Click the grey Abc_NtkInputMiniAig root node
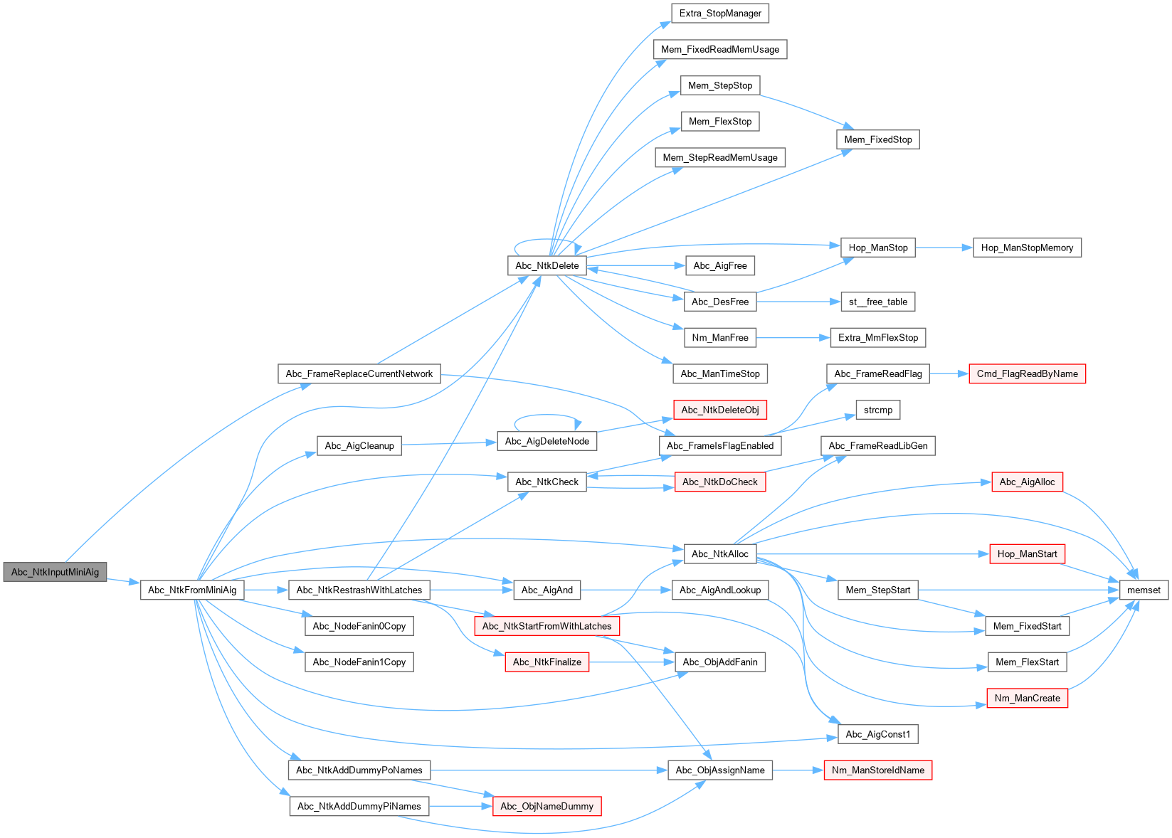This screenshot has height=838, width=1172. click(55, 572)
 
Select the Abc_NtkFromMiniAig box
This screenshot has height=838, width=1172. click(192, 590)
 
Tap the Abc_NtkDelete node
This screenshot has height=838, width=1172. click(547, 265)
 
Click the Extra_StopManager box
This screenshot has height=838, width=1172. click(720, 13)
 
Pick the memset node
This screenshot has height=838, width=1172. click(1144, 590)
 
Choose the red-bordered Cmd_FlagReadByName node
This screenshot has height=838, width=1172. click(1027, 373)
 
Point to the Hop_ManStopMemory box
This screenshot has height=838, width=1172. click(1027, 248)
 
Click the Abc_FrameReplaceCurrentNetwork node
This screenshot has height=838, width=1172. click(359, 373)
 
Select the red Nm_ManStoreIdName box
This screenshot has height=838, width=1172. click(877, 770)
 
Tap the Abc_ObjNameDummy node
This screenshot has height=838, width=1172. click(547, 806)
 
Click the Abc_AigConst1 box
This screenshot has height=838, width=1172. click(877, 734)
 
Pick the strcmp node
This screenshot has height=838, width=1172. click(877, 410)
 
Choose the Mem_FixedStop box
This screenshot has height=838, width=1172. click(877, 139)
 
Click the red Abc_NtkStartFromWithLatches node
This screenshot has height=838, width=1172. click(547, 626)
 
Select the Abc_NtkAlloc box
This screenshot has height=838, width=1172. click(720, 553)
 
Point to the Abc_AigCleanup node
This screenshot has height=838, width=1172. click(359, 446)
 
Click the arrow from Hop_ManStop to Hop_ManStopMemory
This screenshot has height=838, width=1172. click(944, 248)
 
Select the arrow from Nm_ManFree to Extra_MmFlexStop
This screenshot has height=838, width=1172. click(793, 338)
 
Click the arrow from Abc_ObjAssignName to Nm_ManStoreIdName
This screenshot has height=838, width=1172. click(798, 770)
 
